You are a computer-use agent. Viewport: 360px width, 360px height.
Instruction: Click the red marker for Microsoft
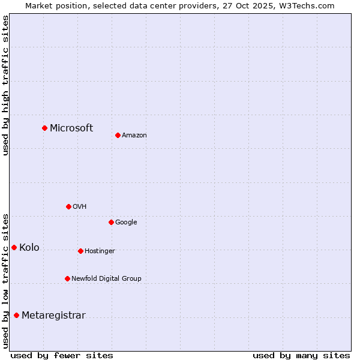click(44, 128)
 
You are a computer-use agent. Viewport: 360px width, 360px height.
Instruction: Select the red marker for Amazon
click(118, 135)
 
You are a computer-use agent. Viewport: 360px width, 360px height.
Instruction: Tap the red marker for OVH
click(68, 206)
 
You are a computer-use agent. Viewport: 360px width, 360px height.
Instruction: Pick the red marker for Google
click(111, 222)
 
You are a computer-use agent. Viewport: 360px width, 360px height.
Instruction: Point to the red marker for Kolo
click(14, 247)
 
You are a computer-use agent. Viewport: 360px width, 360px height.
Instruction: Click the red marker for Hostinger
click(80, 251)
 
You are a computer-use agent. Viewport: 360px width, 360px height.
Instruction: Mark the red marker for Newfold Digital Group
click(67, 278)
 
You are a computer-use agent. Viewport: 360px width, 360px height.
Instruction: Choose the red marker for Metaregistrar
click(16, 315)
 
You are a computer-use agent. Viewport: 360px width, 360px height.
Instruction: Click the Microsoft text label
click(71, 128)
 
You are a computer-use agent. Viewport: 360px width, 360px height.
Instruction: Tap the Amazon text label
click(134, 135)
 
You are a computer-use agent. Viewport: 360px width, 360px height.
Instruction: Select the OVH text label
click(80, 206)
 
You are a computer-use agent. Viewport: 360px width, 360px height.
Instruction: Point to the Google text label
click(126, 222)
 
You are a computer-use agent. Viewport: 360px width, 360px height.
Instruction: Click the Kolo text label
click(29, 247)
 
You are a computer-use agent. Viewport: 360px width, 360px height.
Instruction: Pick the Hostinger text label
click(100, 251)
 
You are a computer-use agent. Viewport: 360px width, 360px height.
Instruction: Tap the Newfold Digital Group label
click(106, 278)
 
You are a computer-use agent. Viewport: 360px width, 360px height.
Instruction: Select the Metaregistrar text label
click(53, 315)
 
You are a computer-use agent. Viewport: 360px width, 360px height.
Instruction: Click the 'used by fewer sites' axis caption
click(62, 355)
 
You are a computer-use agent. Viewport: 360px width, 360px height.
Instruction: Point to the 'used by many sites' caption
click(301, 355)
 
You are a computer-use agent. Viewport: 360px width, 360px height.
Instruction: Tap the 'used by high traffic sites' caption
click(5, 85)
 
